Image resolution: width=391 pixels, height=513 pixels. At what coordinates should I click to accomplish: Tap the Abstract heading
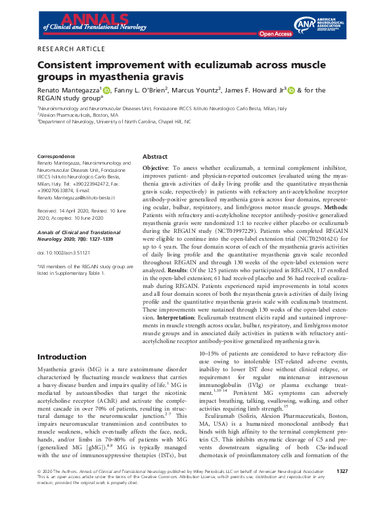pyautogui.click(x=155, y=157)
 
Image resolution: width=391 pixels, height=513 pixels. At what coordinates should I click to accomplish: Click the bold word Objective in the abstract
pyautogui.click(x=156, y=169)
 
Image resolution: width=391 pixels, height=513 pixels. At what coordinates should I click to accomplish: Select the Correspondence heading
pyautogui.click(x=58, y=157)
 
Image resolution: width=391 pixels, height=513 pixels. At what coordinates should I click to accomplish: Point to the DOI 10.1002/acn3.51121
pyautogui.click(x=65, y=234)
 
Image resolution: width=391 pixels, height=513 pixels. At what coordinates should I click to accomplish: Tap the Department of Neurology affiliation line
pyautogui.click(x=114, y=121)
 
